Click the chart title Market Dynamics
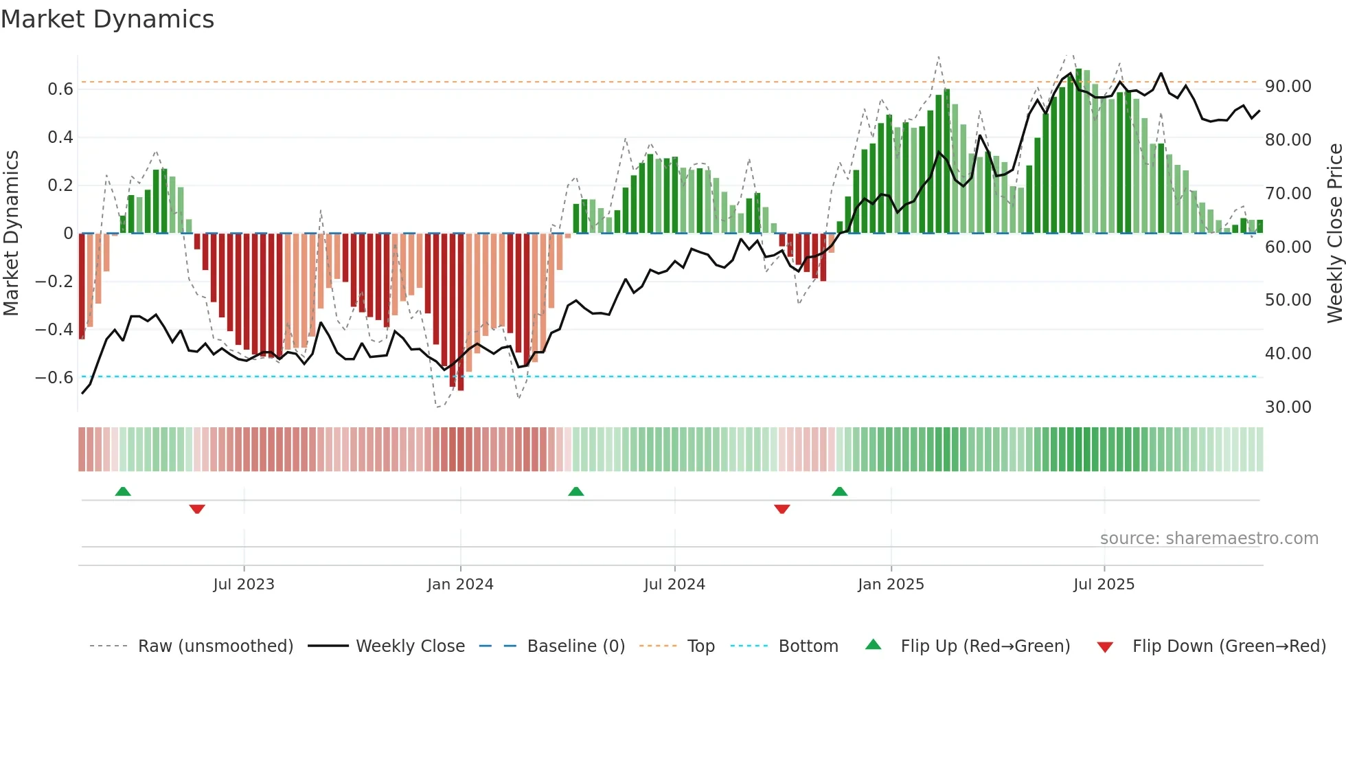click(x=107, y=19)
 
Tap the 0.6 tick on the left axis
click(x=60, y=89)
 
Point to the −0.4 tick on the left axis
click(x=54, y=330)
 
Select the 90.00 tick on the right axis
click(x=1288, y=87)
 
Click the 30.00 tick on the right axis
click(x=1288, y=407)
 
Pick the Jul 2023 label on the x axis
click(x=244, y=585)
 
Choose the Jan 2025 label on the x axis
click(x=891, y=585)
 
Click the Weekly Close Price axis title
click(x=1334, y=233)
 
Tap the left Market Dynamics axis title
click(x=11, y=233)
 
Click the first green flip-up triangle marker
click(x=123, y=492)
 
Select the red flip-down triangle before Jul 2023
click(x=197, y=509)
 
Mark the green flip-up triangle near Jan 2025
click(x=839, y=492)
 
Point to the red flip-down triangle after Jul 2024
click(x=782, y=509)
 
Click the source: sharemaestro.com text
click(x=1209, y=539)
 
